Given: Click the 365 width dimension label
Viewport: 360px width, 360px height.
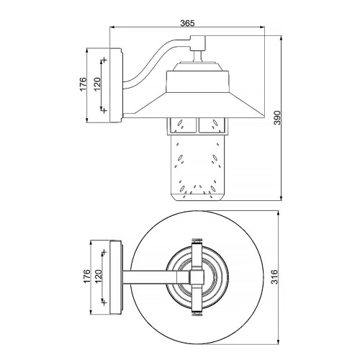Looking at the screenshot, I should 186,23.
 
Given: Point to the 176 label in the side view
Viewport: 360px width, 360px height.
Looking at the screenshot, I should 84,84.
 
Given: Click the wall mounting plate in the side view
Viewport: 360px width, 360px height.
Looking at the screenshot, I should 117,84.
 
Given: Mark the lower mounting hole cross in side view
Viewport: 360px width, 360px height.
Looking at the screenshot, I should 105,110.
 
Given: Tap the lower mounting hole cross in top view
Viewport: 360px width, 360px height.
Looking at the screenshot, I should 105,301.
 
